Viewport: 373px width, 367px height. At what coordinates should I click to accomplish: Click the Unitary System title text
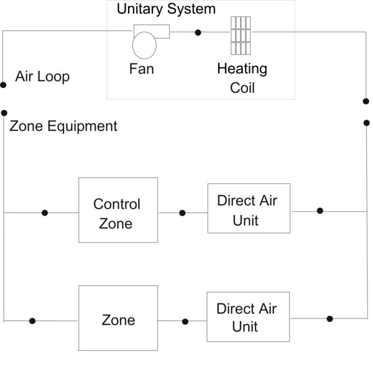click(166, 9)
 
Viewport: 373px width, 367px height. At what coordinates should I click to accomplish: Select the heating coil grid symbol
click(241, 35)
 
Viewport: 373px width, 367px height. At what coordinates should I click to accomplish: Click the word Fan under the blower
click(141, 69)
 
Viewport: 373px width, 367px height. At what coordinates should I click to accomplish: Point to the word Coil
click(242, 87)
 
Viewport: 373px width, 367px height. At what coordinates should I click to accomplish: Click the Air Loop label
click(42, 77)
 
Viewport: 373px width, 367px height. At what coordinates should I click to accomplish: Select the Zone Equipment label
click(63, 126)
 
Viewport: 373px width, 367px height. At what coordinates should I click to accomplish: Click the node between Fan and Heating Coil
click(198, 32)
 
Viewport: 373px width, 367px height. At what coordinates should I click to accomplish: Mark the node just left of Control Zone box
click(44, 212)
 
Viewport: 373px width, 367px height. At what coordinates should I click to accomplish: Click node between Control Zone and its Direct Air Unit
click(182, 212)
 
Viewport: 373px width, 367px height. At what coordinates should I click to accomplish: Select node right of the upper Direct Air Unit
click(320, 211)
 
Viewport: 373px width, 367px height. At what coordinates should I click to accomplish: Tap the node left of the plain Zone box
click(32, 321)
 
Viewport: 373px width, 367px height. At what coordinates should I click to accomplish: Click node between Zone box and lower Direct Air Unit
click(185, 322)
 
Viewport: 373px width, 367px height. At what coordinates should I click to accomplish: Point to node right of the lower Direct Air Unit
click(329, 318)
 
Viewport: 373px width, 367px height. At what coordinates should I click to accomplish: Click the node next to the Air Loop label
click(4, 84)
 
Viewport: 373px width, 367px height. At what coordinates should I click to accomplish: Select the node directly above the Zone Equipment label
click(4, 113)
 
